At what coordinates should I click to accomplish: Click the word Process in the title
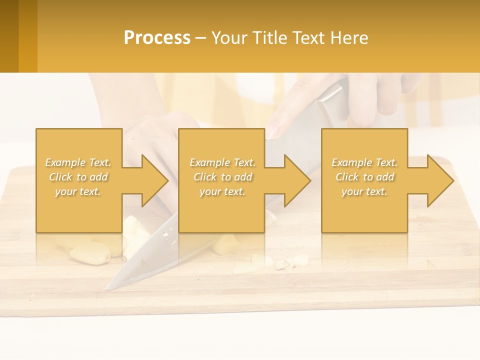click(x=157, y=38)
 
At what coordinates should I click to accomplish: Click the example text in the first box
click(x=78, y=177)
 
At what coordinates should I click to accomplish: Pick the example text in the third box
click(x=364, y=177)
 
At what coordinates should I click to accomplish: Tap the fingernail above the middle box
click(x=271, y=131)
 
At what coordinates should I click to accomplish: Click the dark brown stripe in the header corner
click(x=9, y=36)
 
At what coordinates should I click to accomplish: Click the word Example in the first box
click(x=64, y=162)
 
